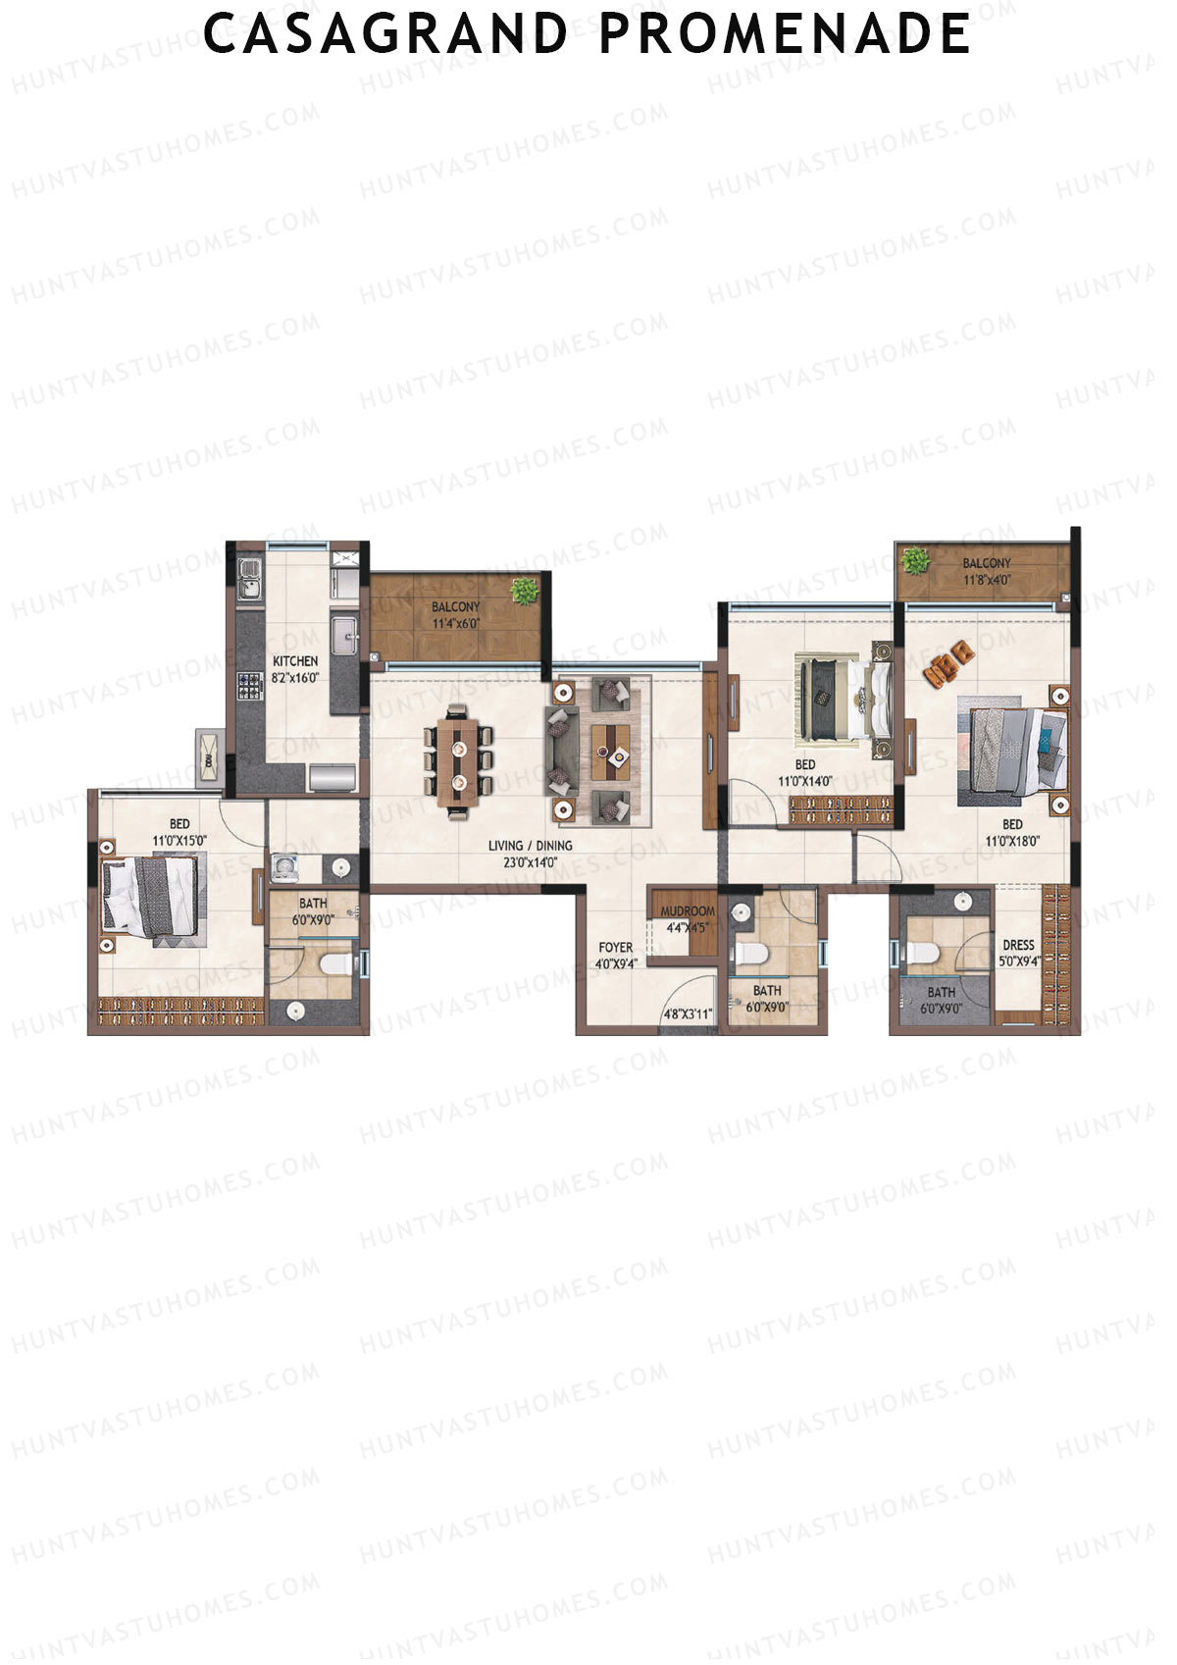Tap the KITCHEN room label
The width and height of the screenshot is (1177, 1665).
tap(295, 661)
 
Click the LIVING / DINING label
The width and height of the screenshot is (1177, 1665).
tap(531, 846)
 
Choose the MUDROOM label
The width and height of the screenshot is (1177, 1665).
tap(688, 911)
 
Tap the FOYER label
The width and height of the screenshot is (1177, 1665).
tap(616, 948)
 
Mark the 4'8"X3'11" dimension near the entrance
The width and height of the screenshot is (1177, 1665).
tap(688, 1015)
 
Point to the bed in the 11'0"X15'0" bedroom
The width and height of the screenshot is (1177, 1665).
tap(154, 895)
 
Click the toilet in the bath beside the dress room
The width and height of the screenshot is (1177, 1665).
tap(924, 953)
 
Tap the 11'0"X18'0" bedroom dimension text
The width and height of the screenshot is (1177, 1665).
tap(1012, 841)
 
